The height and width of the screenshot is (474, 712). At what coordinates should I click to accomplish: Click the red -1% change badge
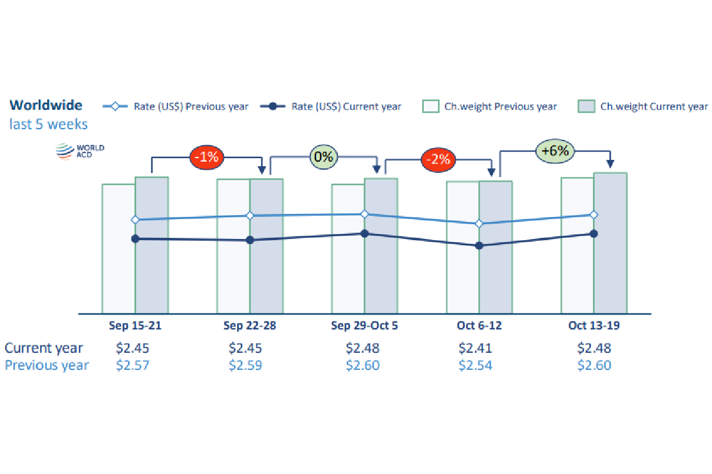(206, 156)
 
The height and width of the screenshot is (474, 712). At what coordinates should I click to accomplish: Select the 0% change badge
(324, 156)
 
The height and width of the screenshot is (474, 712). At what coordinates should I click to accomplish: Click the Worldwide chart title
(46, 105)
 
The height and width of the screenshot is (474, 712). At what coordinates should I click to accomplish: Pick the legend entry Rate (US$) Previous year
(176, 106)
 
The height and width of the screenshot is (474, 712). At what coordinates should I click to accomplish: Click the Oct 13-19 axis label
(594, 326)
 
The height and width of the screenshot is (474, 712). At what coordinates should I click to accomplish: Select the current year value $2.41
(476, 348)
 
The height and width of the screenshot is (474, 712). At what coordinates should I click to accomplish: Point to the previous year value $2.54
(476, 365)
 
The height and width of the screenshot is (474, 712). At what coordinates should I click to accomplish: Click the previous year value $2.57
(132, 365)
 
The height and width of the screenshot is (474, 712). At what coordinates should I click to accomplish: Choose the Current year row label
(44, 348)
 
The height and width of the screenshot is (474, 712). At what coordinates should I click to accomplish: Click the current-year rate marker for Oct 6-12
(479, 246)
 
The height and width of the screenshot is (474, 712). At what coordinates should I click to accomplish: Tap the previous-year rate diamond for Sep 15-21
(135, 220)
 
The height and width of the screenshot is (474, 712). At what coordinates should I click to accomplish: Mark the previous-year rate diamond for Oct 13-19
(594, 215)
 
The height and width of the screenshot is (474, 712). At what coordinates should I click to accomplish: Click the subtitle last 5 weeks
(48, 123)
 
